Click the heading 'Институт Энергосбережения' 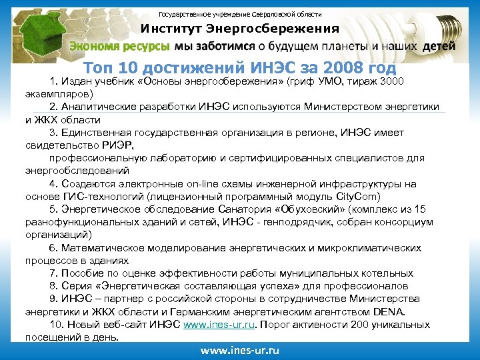click(x=239, y=29)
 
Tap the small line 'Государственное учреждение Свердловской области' click(x=239, y=13)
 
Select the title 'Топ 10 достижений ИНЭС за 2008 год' click(x=240, y=68)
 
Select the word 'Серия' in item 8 click(x=77, y=286)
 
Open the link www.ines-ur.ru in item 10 click(x=219, y=325)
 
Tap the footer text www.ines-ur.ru click(x=239, y=350)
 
